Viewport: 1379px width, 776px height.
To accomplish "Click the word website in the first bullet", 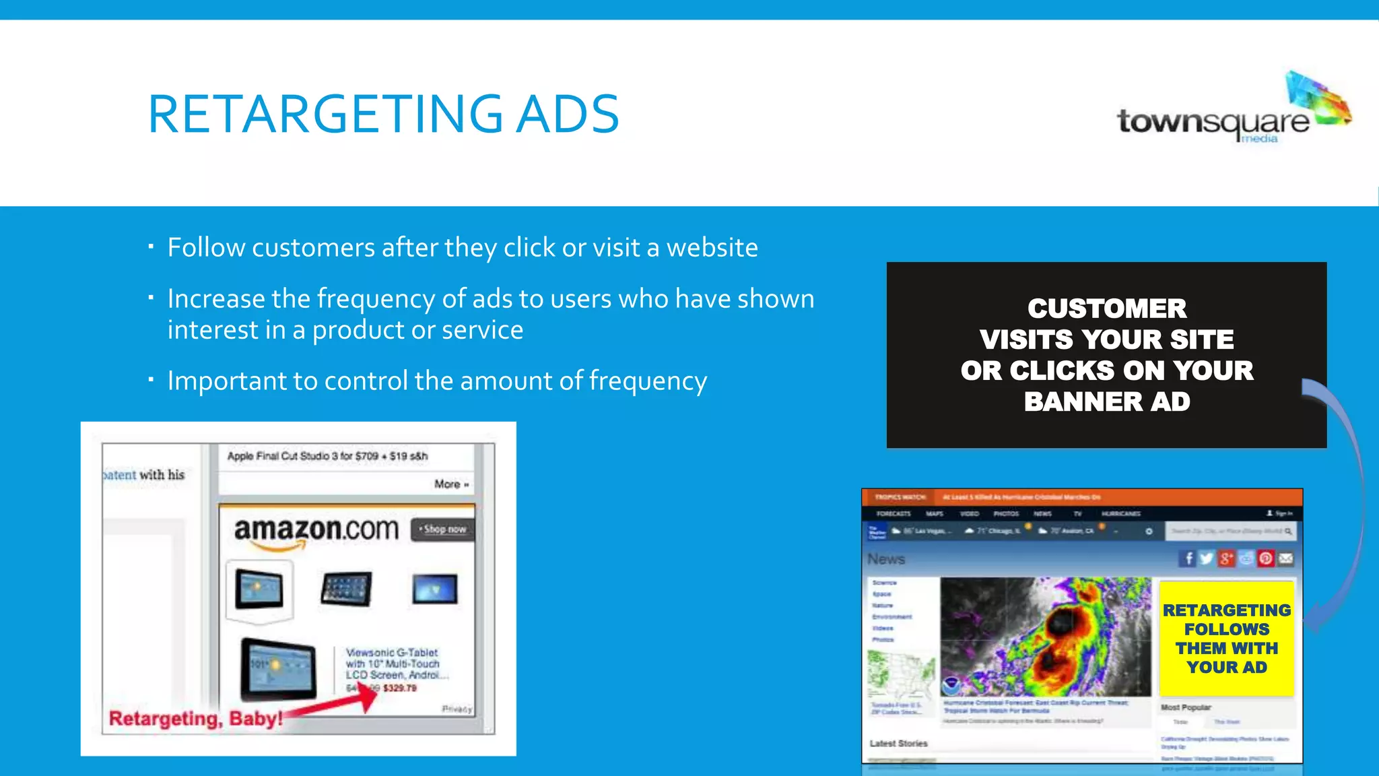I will point(712,248).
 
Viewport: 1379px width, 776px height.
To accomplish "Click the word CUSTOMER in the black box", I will point(1106,309).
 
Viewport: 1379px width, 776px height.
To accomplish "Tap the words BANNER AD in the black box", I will point(1106,402).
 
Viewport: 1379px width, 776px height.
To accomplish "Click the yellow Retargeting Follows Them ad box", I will point(1226,639).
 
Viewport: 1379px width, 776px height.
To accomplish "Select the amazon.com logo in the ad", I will point(316,530).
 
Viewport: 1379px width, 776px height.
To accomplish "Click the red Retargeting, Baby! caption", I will point(195,719).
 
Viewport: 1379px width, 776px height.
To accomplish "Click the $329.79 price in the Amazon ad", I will point(400,688).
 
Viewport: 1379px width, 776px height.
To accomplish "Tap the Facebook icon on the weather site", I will point(1188,558).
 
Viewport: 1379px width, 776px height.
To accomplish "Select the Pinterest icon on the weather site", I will point(1266,558).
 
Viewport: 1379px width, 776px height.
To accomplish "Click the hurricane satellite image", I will point(1045,637).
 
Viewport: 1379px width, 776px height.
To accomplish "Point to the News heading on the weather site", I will point(886,559).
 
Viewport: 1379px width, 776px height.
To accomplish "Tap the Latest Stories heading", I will point(898,744).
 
